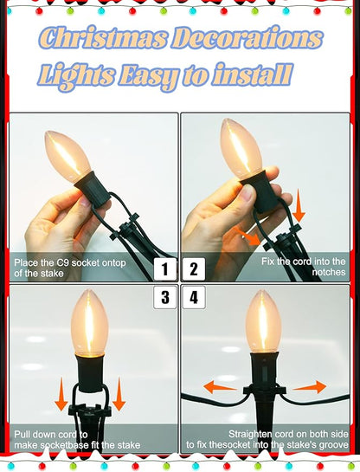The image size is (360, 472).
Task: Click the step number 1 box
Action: point(164,268)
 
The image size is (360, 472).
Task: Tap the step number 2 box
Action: point(194,268)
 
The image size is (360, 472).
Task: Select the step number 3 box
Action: point(164,297)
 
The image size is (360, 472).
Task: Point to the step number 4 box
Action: point(194,297)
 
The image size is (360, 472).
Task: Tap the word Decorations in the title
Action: point(247,37)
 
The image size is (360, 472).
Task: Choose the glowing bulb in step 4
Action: point(263,321)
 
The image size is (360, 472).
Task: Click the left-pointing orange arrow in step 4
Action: point(220,387)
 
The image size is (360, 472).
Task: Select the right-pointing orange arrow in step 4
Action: point(310,387)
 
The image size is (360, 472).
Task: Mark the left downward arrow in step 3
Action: point(61,394)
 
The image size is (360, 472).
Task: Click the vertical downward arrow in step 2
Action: point(299,206)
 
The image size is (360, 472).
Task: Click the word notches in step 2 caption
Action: point(329,272)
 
